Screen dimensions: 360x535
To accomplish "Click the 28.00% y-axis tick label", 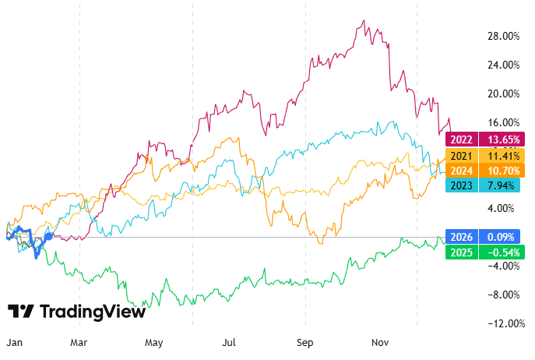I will [502, 36].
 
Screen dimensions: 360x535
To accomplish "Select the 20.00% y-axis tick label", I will [502, 94].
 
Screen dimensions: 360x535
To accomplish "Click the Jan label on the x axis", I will [14, 342].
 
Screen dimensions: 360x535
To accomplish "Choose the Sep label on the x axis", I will [305, 342].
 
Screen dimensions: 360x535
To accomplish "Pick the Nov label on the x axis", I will [380, 342].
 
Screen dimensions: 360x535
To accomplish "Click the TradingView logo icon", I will [21, 312].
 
